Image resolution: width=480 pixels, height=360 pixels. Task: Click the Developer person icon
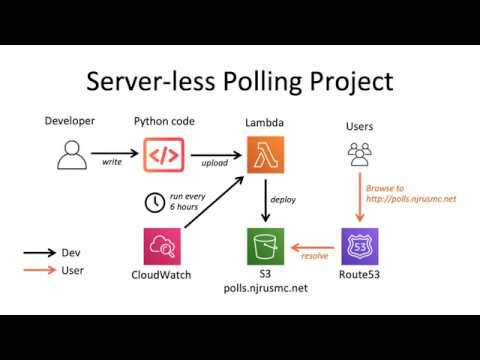pos(70,155)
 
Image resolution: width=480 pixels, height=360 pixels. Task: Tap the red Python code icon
pos(164,155)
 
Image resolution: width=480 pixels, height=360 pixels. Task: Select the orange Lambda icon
pos(264,155)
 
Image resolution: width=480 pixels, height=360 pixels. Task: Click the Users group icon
pos(360,153)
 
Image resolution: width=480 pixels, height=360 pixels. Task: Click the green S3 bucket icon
pos(265,246)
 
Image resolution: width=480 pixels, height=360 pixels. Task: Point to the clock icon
pos(155,201)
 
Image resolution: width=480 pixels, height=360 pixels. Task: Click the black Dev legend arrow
pos(41,253)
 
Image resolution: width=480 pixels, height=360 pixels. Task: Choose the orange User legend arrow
pos(41,271)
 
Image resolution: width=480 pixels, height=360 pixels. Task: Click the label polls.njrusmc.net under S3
pos(265,287)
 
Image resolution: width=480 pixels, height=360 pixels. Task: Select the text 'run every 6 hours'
pos(188,201)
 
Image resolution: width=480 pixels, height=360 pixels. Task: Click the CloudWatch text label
pos(162,274)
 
